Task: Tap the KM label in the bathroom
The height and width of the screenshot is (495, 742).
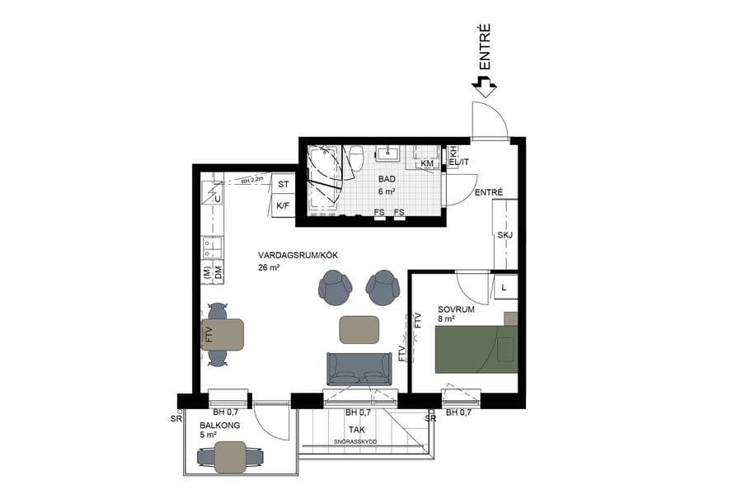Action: click(427, 163)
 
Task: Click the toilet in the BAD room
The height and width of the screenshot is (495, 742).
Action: click(357, 157)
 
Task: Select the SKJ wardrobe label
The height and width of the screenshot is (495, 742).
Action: click(505, 235)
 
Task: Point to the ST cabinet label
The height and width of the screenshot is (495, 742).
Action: click(283, 184)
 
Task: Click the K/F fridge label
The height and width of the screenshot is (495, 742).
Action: click(283, 205)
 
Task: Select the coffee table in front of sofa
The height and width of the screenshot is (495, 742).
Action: click(359, 329)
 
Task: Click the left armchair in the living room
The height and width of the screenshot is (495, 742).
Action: click(334, 286)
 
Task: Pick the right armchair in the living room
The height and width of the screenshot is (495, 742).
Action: click(382, 286)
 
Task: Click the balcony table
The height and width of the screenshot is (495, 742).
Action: click(231, 456)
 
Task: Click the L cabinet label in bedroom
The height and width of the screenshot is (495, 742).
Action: click(504, 286)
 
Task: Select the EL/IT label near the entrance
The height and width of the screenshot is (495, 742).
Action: click(458, 163)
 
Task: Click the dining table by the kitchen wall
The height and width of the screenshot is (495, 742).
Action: click(223, 334)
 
